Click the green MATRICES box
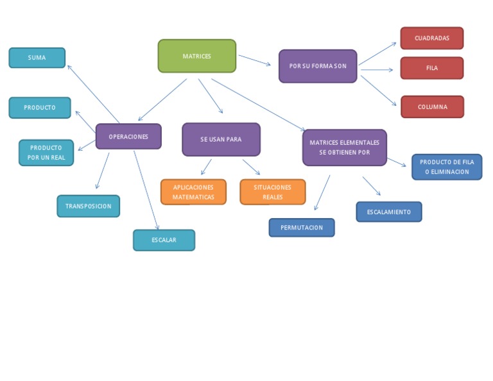[196, 56]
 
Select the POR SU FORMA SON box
[318, 66]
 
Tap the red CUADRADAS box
[431, 38]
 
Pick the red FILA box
[431, 68]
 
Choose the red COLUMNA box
[432, 107]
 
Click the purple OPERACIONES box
[128, 137]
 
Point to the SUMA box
[37, 58]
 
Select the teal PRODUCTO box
[40, 108]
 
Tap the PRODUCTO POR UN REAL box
[46, 153]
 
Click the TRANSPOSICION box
[88, 207]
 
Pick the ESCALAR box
[164, 241]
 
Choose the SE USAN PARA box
[221, 140]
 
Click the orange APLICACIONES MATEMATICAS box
[193, 192]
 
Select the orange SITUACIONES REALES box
[272, 192]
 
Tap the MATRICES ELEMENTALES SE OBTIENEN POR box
[344, 148]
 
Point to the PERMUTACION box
[301, 228]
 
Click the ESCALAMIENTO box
[389, 212]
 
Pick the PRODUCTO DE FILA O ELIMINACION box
[447, 167]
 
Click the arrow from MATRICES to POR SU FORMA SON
[254, 60]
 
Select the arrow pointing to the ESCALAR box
[146, 190]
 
